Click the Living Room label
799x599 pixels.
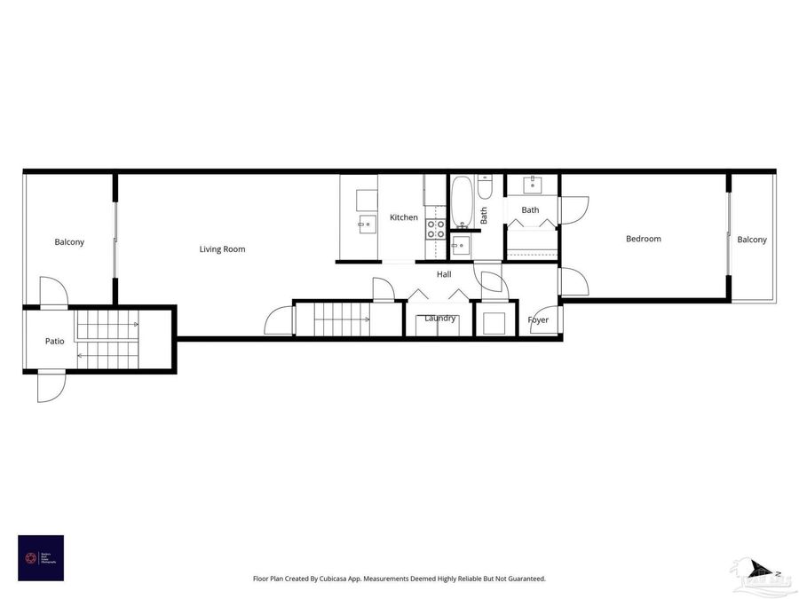222,249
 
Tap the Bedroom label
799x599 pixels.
643,239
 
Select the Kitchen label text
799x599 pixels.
403,217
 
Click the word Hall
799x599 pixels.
444,274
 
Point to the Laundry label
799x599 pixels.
439,319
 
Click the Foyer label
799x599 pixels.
538,320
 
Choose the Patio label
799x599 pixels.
54,341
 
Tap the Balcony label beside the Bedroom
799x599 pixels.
751,240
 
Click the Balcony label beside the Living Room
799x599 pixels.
69,242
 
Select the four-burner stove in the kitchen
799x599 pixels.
435,230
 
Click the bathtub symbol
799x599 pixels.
462,201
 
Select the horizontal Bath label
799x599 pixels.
530,210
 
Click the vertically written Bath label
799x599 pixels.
484,215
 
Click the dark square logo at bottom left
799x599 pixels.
41,557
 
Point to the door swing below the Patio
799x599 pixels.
50,388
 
